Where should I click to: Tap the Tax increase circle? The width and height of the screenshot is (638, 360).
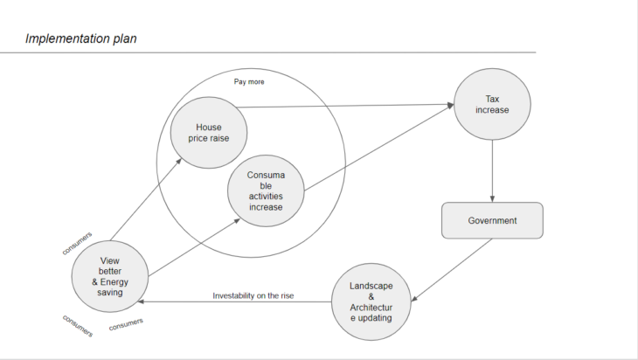click(x=491, y=104)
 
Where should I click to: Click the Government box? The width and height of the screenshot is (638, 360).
click(x=492, y=220)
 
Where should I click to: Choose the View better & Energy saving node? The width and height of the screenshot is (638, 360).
click(x=109, y=276)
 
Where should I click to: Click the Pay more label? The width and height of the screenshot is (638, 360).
click(x=249, y=82)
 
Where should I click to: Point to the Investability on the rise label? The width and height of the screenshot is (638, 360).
click(x=253, y=295)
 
